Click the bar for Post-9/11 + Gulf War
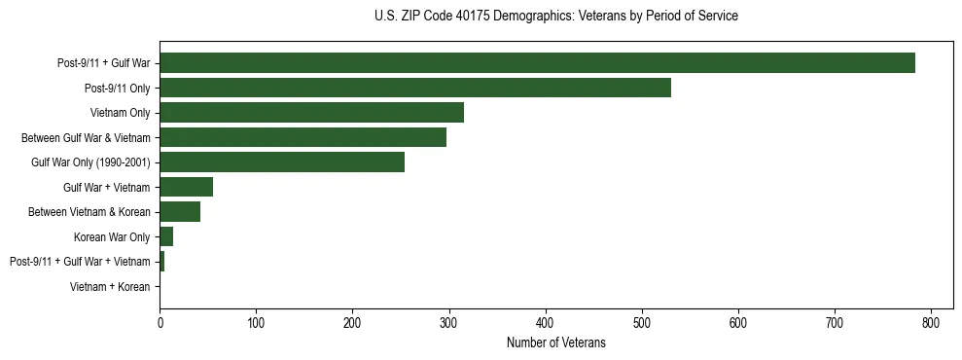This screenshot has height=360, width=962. click(537, 62)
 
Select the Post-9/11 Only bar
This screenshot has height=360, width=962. click(415, 88)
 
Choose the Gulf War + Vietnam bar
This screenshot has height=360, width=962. click(186, 187)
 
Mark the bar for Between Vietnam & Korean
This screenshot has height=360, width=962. click(180, 211)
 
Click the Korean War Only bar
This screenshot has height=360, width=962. click(166, 236)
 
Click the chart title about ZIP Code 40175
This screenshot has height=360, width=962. click(555, 17)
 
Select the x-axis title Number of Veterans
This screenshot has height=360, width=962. click(555, 342)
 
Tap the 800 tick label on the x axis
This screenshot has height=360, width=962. click(931, 322)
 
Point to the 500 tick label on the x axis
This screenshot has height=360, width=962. click(642, 322)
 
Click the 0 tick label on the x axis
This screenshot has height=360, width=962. click(160, 322)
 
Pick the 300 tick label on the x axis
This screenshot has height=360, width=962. click(448, 322)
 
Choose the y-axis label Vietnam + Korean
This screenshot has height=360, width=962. click(110, 287)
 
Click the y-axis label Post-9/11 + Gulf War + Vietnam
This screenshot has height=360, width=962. click(80, 262)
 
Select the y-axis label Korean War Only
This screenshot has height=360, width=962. click(112, 236)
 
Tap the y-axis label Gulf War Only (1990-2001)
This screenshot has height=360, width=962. click(90, 162)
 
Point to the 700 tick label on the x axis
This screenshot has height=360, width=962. click(835, 322)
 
